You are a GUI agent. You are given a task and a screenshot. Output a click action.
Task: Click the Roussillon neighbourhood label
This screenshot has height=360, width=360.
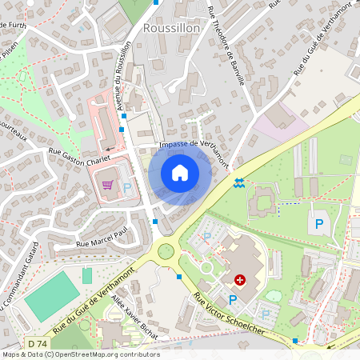170,27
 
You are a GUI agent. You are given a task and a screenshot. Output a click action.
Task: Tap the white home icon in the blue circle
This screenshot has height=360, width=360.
180,173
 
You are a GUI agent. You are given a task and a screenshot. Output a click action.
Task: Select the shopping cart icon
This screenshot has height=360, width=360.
107,186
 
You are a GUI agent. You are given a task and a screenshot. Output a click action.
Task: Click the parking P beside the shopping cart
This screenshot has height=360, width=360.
127,189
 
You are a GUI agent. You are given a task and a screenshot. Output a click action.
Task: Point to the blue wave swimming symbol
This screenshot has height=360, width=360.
238,183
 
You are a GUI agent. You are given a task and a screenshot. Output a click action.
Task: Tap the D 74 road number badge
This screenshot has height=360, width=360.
36,343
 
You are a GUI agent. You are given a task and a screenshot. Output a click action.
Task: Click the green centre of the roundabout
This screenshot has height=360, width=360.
166,251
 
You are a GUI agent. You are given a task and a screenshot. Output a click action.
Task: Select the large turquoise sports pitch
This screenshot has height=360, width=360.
52,296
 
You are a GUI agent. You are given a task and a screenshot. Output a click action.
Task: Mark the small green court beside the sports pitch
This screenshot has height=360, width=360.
87,275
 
